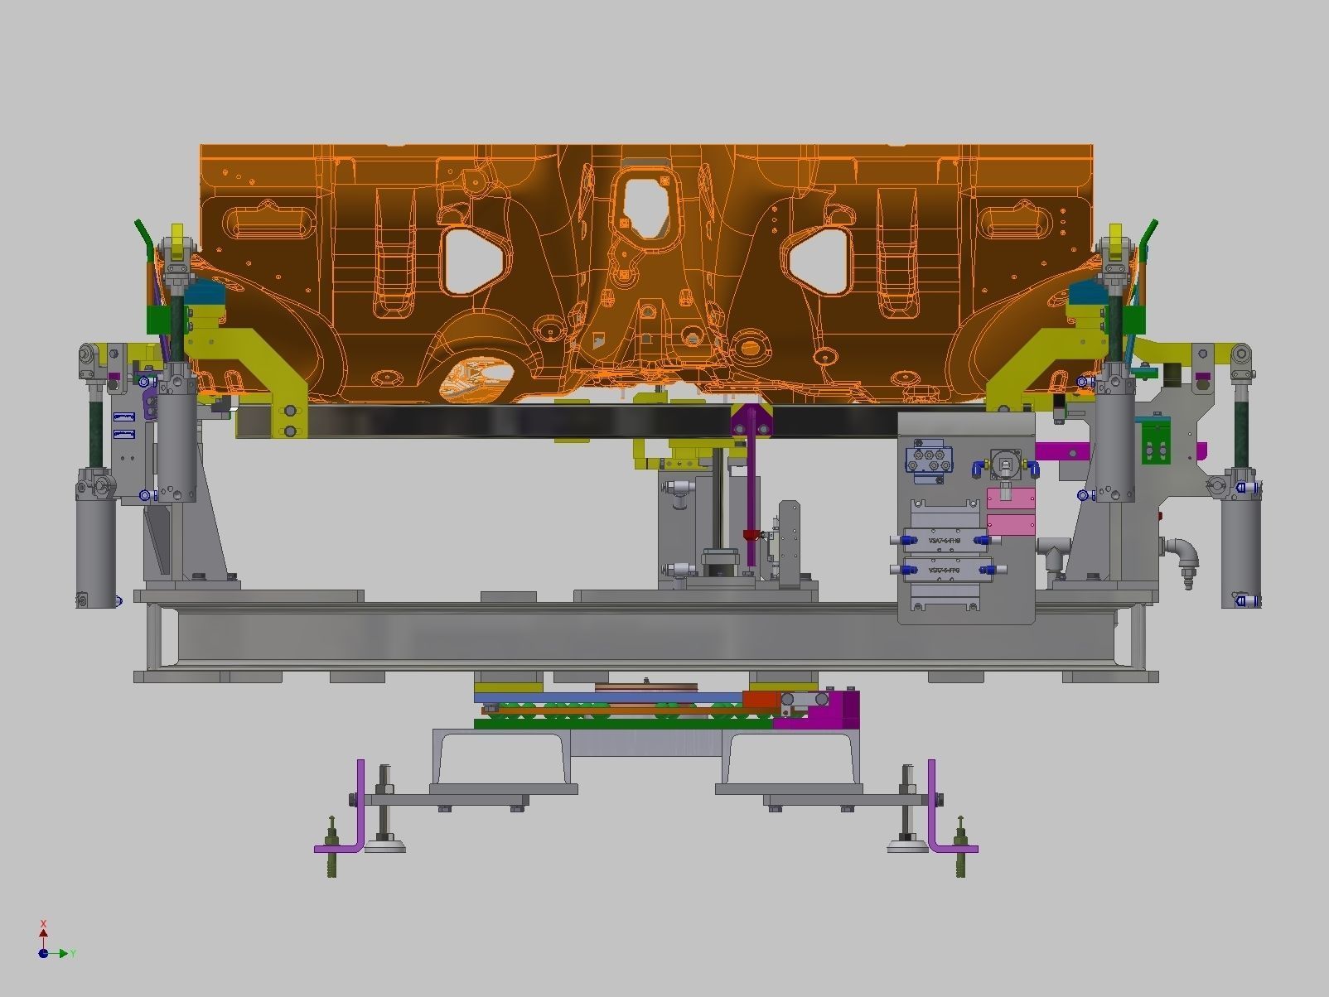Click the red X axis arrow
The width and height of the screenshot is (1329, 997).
pyautogui.click(x=43, y=932)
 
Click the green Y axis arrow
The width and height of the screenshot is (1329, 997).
pyautogui.click(x=60, y=953)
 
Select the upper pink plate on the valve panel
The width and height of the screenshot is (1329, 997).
pyautogui.click(x=1011, y=499)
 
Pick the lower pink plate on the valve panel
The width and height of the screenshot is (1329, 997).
pyautogui.click(x=1011, y=525)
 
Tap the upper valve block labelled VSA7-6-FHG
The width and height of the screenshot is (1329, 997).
pyautogui.click(x=945, y=540)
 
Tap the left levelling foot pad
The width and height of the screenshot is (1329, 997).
pyautogui.click(x=384, y=845)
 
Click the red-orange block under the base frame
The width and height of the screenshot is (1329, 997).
pyautogui.click(x=761, y=699)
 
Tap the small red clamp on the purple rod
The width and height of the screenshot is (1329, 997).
pyautogui.click(x=752, y=534)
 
